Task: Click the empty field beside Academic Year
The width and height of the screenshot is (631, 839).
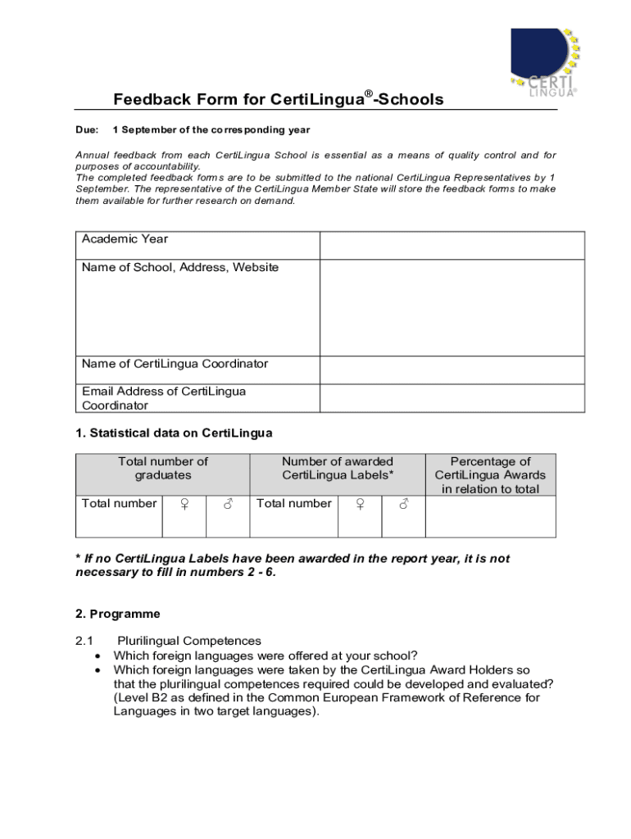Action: [452, 245]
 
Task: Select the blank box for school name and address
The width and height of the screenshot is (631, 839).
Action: [452, 307]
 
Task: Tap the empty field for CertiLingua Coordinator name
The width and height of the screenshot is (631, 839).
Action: [452, 370]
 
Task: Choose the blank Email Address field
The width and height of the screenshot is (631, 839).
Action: [452, 398]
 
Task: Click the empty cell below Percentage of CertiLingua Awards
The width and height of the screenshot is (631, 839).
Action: [490, 516]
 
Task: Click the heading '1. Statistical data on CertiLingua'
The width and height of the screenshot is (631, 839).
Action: [174, 433]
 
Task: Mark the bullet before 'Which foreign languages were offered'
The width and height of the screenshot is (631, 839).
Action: [98, 655]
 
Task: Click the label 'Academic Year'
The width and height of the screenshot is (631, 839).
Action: [125, 239]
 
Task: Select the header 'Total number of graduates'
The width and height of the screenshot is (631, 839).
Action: [163, 468]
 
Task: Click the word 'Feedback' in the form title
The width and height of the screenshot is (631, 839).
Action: [151, 100]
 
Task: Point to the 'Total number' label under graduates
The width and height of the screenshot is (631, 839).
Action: [119, 504]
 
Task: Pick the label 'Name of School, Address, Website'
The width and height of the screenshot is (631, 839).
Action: [180, 267]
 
